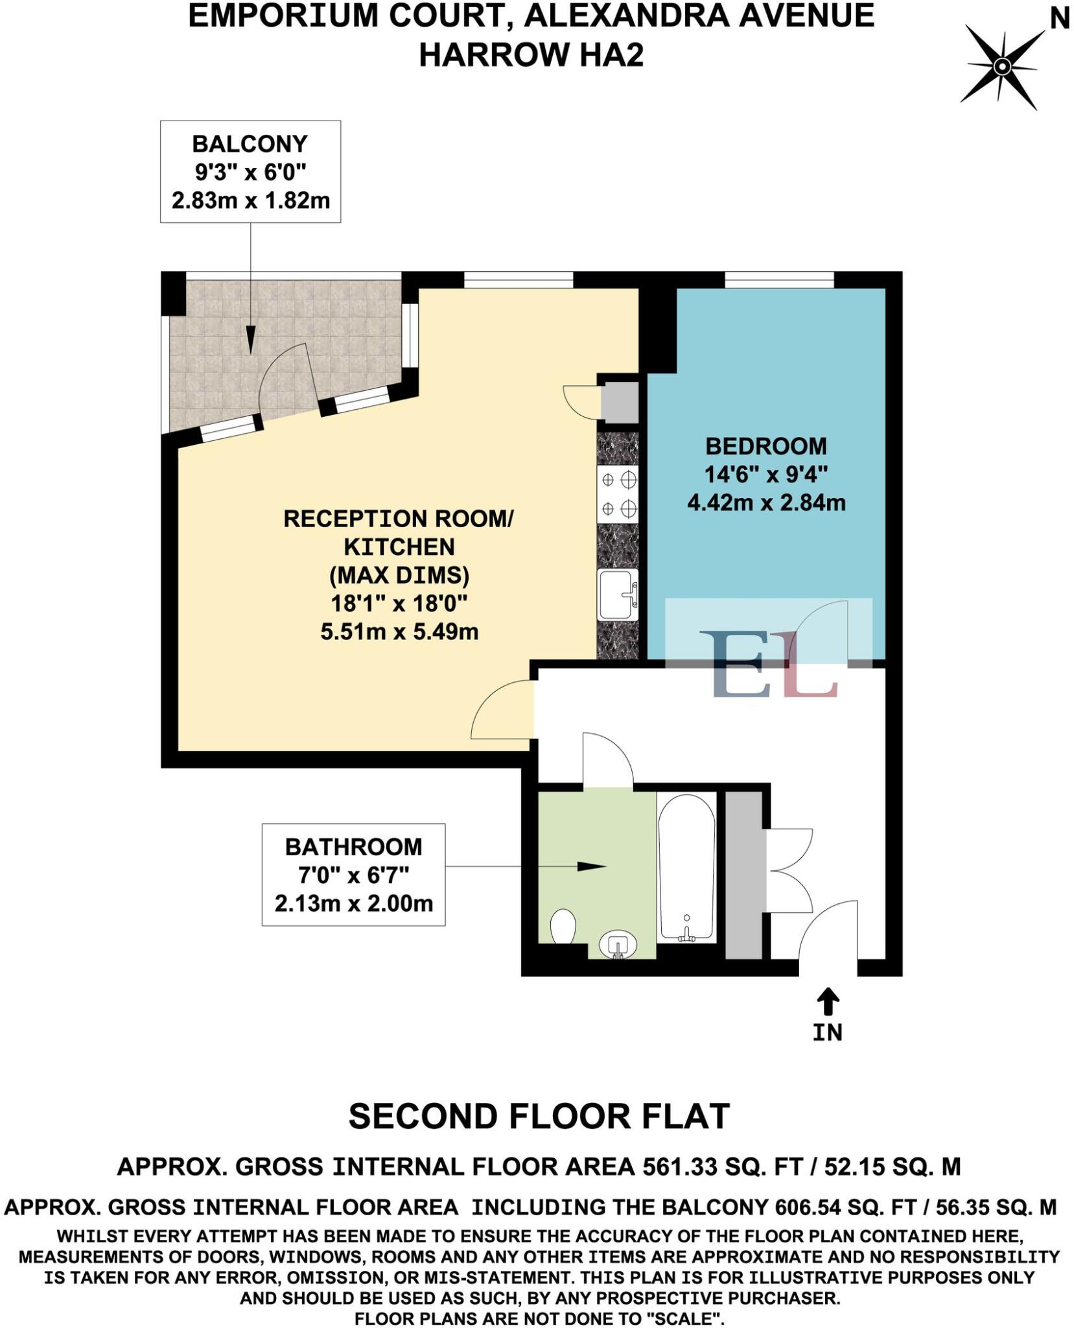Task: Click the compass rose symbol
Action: click(x=1001, y=67)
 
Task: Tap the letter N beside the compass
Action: click(x=1058, y=19)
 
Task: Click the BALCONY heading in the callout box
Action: click(x=250, y=144)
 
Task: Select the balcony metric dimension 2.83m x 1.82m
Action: click(x=250, y=200)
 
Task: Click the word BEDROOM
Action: click(x=765, y=446)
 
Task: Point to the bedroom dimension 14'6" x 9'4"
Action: click(x=765, y=475)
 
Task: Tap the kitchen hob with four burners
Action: click(x=618, y=495)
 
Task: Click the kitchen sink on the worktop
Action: click(x=618, y=594)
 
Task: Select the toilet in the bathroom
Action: click(x=563, y=928)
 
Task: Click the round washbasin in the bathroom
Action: click(x=617, y=945)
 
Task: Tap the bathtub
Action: click(x=686, y=867)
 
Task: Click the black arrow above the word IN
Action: click(x=827, y=1001)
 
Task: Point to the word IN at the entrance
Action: click(x=827, y=1032)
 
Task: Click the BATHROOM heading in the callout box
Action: click(x=353, y=847)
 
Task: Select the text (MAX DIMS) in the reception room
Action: click(x=399, y=575)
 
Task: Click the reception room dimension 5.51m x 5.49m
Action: click(x=399, y=632)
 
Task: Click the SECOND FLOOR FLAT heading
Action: click(x=539, y=1117)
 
